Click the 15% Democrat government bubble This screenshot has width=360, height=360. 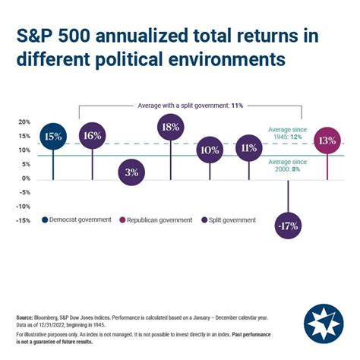pyautogui.click(x=53, y=137)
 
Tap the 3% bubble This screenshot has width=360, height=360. pyautogui.click(x=131, y=172)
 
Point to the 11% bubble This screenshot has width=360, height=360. pyautogui.click(x=248, y=148)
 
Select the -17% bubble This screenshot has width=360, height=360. pyautogui.click(x=288, y=226)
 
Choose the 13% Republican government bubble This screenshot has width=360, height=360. pyautogui.click(x=327, y=141)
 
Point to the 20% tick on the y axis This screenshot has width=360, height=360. pyautogui.click(x=24, y=122)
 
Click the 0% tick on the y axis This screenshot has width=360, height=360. pyautogui.click(x=26, y=178)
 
